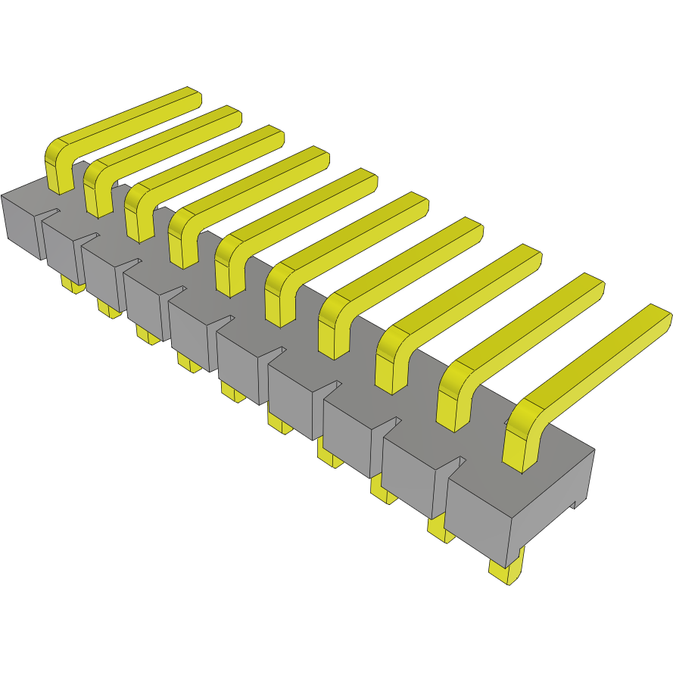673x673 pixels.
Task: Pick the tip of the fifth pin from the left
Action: click(366, 179)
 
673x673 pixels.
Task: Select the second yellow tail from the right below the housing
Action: click(441, 530)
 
